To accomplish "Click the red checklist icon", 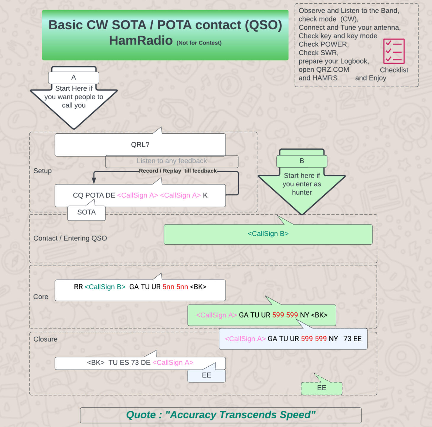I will point(394,51).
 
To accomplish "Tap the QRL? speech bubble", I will point(140,145).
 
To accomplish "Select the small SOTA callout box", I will point(87,212).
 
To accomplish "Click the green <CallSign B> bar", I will point(268,234).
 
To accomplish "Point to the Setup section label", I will point(42,171).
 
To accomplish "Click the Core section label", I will point(41,297).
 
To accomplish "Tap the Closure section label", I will point(45,339).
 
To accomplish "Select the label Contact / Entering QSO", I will point(70,238).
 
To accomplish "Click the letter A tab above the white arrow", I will point(73,78).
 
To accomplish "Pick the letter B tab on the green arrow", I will point(302,161).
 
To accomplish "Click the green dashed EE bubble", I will point(321,388).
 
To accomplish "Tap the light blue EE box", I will point(207,376).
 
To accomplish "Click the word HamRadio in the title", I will point(141,41).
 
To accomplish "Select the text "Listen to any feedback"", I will point(172,161).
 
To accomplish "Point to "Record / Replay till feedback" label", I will point(178,171).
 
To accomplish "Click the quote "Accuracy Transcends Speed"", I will point(221,415).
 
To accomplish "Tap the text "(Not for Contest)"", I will point(199,43).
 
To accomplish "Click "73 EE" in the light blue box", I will point(352,339).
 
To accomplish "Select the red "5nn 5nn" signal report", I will point(175,287).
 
